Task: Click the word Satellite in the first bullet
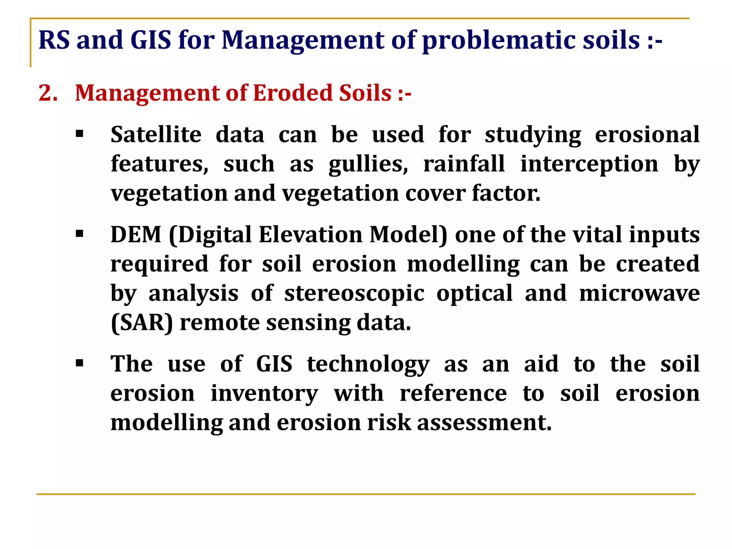(156, 135)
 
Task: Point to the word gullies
(368, 164)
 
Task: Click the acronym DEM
(136, 235)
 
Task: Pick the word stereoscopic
(354, 294)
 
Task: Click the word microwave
(639, 293)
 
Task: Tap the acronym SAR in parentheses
(142, 323)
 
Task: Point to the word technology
(368, 365)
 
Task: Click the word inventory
(264, 394)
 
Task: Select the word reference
(453, 394)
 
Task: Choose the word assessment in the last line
(484, 423)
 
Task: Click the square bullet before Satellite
(79, 134)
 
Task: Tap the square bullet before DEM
(79, 234)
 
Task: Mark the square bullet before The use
(79, 364)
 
